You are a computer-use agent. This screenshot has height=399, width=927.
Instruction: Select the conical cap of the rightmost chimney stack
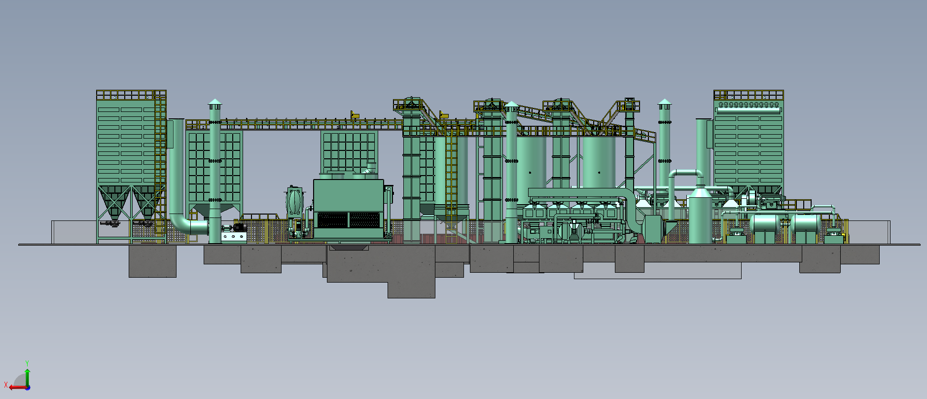[665, 103]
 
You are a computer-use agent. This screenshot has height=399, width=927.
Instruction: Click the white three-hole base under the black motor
[233, 237]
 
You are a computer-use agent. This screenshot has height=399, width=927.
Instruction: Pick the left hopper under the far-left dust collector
[114, 202]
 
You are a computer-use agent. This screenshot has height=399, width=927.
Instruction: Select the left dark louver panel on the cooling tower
[332, 220]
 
